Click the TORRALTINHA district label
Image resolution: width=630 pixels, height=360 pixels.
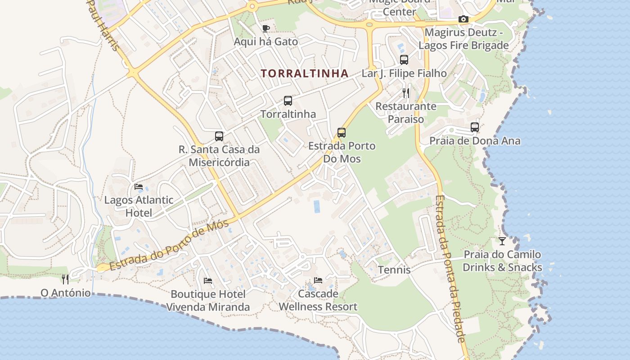pos(305,73)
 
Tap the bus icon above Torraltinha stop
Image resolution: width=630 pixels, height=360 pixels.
pos(288,101)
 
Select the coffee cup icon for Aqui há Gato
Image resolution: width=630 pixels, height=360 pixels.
pos(266,29)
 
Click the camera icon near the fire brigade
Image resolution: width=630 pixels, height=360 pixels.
pos(463,19)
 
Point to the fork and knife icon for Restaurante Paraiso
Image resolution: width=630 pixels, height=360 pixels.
pos(406,93)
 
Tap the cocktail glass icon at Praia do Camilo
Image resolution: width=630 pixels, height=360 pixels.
pos(502,241)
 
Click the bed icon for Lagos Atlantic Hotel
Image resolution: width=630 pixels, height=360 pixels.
pos(139,186)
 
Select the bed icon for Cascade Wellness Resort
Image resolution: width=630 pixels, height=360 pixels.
pos(318,280)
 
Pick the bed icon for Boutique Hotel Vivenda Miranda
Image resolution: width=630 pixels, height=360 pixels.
pos(208,281)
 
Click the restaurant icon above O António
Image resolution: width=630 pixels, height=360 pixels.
pos(65,279)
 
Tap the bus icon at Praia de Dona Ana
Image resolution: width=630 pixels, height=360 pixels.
pos(475,127)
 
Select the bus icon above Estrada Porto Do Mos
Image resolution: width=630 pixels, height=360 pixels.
pos(342,133)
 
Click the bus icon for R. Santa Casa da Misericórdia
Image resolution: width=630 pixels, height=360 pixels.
pos(219,136)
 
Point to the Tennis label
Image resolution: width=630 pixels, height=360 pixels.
pos(394,270)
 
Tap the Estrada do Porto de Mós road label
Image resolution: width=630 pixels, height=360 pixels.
pos(169,246)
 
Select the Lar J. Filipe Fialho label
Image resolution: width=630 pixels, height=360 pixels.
pos(404,73)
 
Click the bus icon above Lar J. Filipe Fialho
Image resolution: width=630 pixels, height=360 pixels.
pos(404,60)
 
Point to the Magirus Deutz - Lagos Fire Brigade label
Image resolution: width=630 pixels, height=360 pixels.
pos(463,39)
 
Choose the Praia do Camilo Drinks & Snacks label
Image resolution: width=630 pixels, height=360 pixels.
pos(502,261)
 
